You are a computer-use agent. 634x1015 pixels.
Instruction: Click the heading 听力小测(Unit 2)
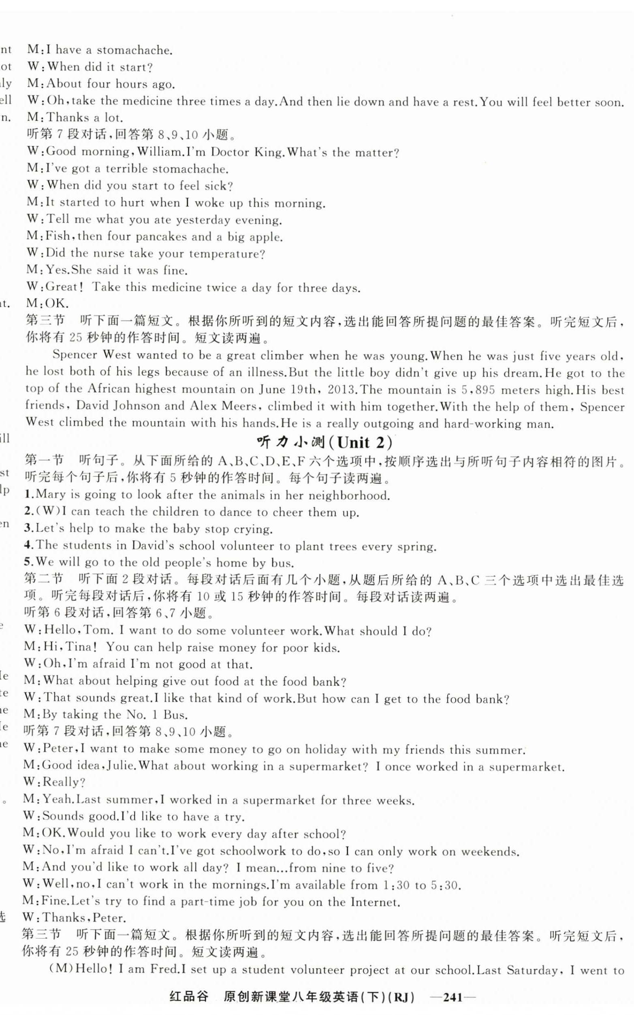[325, 443]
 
